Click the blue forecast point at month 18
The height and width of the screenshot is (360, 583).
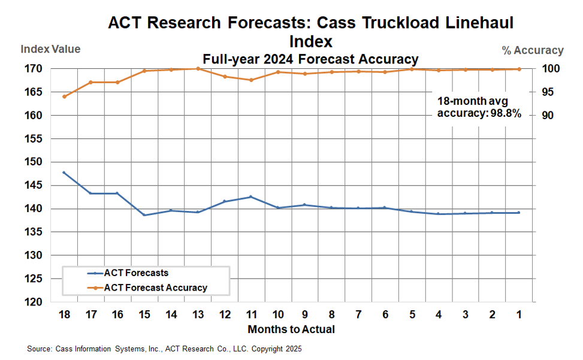pos(64,173)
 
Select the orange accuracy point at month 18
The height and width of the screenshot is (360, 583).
pos(64,96)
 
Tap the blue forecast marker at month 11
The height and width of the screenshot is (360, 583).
pos(250,196)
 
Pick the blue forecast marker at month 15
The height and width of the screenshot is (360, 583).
pos(144,215)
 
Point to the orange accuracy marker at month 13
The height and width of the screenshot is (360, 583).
pos(198,69)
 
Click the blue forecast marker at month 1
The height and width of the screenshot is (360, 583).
pos(518,213)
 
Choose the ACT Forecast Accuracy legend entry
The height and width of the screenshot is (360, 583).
pos(155,288)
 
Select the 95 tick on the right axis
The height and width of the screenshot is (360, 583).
pos(548,92)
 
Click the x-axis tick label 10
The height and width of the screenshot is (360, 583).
pos(277,314)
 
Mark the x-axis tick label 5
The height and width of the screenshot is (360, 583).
pos(412,314)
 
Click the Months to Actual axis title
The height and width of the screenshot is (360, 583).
pos(291,329)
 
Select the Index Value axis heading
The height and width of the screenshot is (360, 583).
pos(50,49)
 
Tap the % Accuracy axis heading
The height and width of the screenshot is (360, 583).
pos(533,50)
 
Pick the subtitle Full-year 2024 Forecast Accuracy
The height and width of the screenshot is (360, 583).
pos(310,59)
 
